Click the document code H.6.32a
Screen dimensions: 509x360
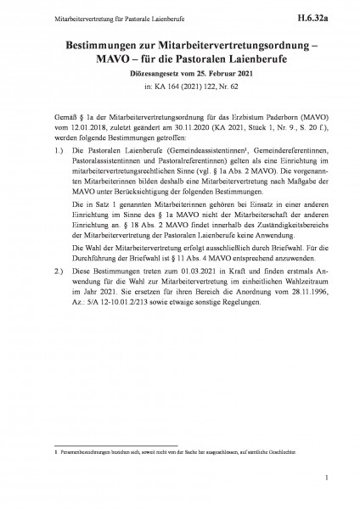tap(325, 14)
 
